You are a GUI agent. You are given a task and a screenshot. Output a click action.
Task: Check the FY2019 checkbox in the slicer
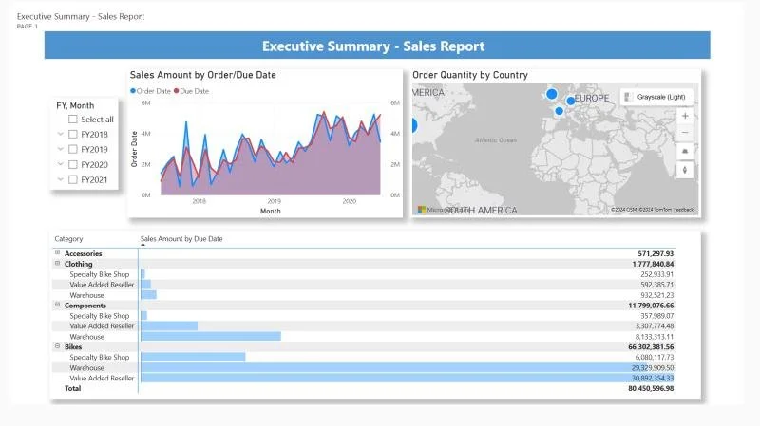pos(73,149)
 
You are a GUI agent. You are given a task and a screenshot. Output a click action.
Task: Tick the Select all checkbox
pos(73,120)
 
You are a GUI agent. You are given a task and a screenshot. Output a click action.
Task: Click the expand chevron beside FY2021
pos(61,179)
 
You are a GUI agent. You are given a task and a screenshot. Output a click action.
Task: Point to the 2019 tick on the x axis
pos(274,201)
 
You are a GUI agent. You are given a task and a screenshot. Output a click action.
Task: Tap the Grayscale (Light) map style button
pos(657,97)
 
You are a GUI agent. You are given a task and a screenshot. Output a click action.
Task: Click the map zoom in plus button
pos(685,116)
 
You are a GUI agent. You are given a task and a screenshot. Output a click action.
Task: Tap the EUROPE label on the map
pos(593,99)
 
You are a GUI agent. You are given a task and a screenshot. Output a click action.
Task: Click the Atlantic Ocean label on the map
pos(496,140)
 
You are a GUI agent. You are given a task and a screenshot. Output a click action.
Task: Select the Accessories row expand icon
pos(58,253)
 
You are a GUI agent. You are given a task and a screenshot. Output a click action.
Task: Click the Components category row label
pos(85,306)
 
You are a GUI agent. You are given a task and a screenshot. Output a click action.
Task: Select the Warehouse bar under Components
pos(211,336)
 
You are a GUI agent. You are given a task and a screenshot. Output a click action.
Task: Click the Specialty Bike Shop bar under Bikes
pos(193,357)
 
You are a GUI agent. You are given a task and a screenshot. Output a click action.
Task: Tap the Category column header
pos(69,239)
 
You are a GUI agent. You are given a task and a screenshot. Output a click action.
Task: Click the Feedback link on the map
pos(684,210)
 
